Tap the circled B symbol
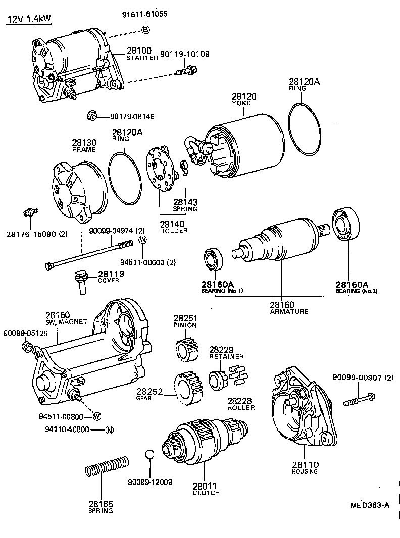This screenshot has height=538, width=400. pyautogui.click(x=145, y=30)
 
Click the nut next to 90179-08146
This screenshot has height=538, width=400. pyautogui.click(x=92, y=116)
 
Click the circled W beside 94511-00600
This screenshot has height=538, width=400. pyautogui.click(x=143, y=239)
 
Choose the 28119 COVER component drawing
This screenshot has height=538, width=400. pyautogui.click(x=81, y=281)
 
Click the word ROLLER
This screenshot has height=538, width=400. pyautogui.click(x=241, y=408)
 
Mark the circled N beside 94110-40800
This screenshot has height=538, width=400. pyautogui.click(x=109, y=430)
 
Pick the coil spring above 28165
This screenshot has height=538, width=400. pyautogui.click(x=107, y=466)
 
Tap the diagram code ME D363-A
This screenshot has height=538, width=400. pyautogui.click(x=370, y=505)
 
